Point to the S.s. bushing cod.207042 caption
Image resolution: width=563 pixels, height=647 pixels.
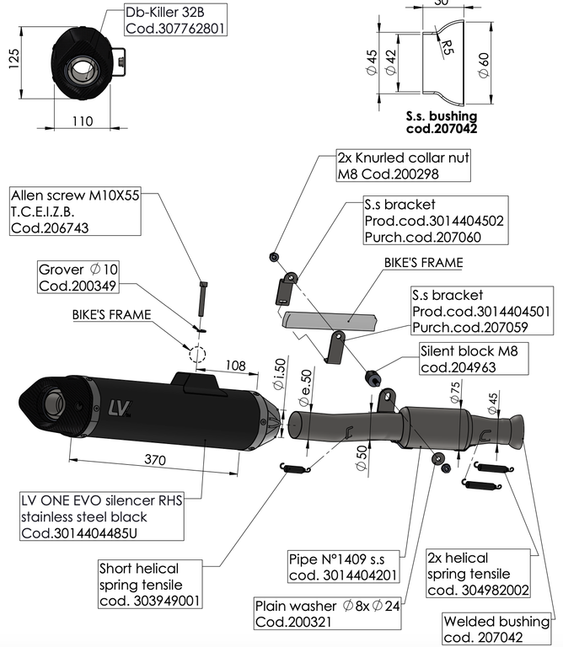click(x=442, y=123)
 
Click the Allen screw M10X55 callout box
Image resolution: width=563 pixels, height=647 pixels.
click(x=75, y=211)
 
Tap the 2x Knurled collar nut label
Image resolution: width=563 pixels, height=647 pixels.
click(x=391, y=165)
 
